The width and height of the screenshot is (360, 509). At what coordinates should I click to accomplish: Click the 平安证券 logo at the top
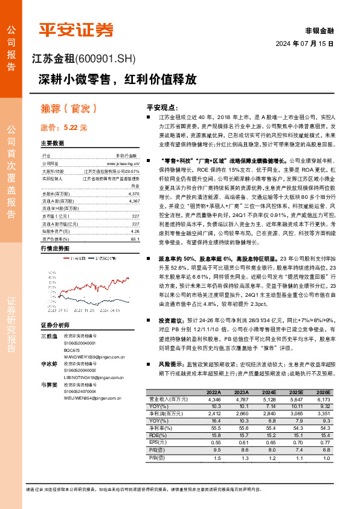(76, 30)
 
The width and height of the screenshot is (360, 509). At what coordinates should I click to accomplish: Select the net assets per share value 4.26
(135, 231)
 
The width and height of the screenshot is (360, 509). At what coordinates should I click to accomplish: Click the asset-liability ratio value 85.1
(135, 238)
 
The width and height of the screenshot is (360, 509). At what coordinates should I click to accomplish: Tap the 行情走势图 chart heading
(55, 248)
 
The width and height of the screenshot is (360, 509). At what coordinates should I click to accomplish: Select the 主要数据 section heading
(53, 144)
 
